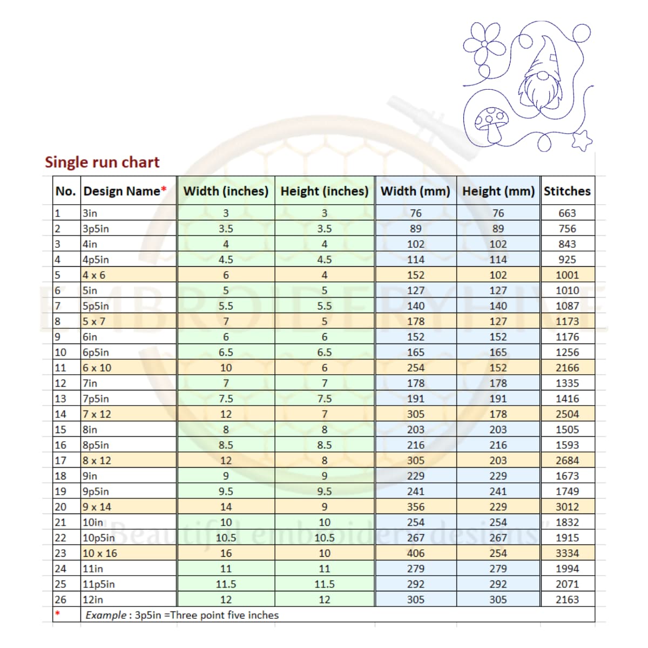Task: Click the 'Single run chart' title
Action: click(102, 162)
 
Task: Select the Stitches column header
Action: click(567, 191)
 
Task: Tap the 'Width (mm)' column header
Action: click(415, 191)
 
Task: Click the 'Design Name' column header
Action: click(125, 191)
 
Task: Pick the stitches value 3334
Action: click(567, 553)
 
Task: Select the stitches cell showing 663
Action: click(567, 213)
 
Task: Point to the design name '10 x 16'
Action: click(100, 553)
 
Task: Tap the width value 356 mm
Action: click(416, 507)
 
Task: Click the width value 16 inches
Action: click(226, 553)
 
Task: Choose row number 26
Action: click(60, 599)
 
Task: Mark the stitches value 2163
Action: click(567, 599)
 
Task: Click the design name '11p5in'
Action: click(99, 584)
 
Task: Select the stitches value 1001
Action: click(567, 275)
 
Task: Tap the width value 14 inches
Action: click(226, 507)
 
